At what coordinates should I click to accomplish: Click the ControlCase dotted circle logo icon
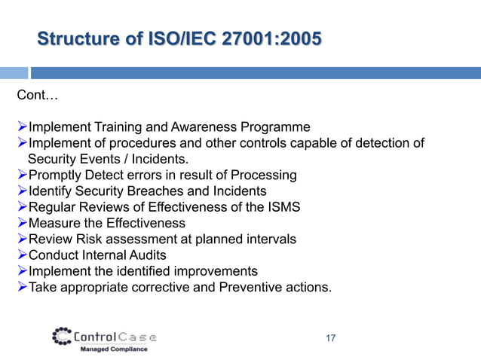point(63,336)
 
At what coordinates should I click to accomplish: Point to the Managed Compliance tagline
point(114,349)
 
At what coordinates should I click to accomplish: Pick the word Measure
point(54,223)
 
